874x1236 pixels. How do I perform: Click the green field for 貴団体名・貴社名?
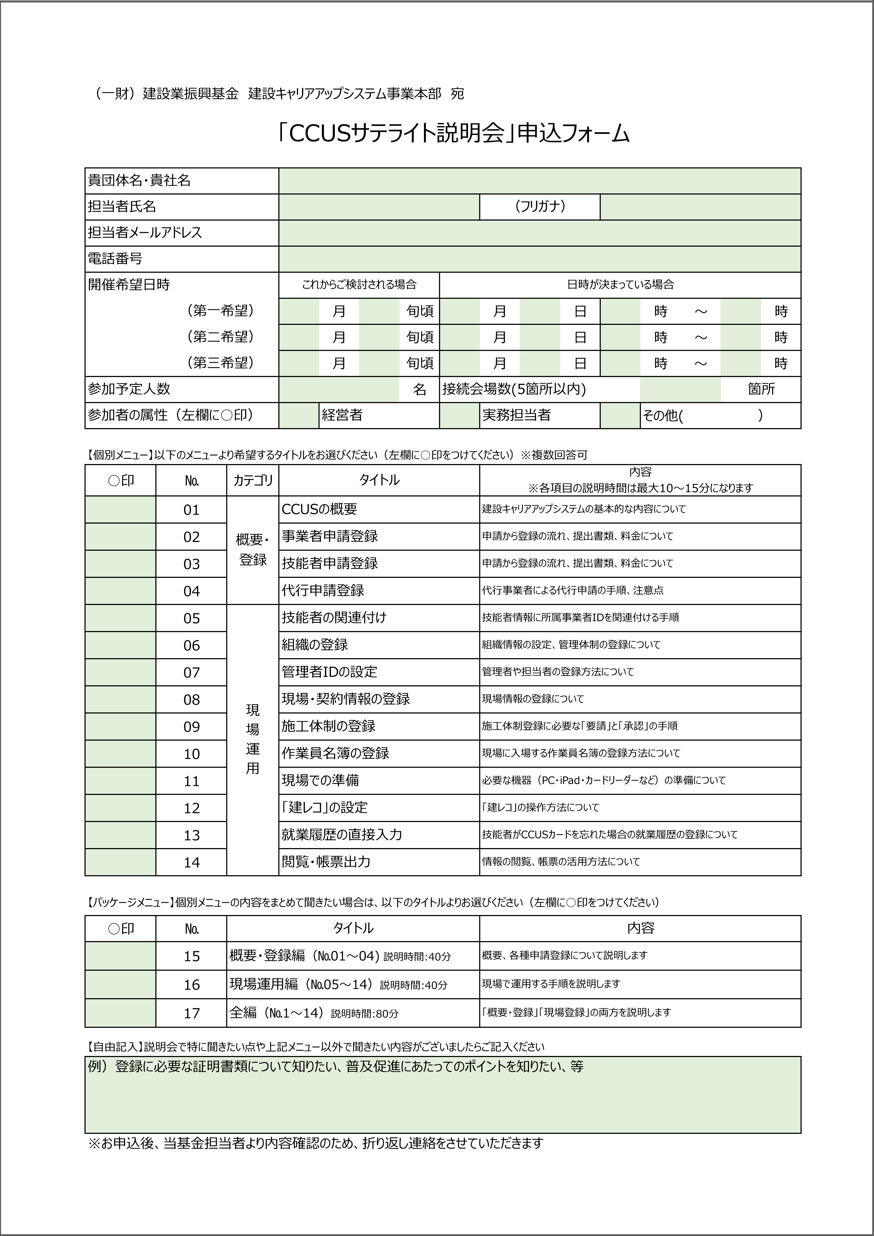coord(540,181)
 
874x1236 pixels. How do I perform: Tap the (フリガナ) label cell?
coord(540,207)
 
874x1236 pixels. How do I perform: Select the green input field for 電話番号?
coord(540,259)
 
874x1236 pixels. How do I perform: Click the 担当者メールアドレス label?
coord(145,233)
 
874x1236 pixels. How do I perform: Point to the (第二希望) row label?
coord(220,337)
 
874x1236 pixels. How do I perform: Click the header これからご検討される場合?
coord(359,285)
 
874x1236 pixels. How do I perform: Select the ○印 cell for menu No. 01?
coord(120,509)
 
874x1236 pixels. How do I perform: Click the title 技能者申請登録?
coord(330,563)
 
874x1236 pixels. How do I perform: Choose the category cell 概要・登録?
coord(253,550)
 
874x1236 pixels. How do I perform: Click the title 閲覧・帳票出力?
coord(326,862)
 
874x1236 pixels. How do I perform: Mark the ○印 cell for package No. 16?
coord(120,984)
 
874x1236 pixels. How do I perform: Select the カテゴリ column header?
coord(253,480)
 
